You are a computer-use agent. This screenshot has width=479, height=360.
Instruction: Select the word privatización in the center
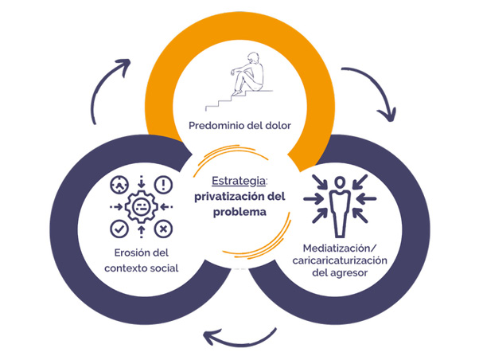[x=218, y=197]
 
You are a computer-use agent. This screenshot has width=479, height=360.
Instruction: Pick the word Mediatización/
[x=344, y=246]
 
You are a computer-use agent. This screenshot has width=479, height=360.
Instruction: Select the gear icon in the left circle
[x=140, y=205]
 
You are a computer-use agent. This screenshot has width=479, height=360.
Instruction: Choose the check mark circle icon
[x=117, y=229]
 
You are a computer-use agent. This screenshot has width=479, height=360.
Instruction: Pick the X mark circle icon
[x=163, y=229]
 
